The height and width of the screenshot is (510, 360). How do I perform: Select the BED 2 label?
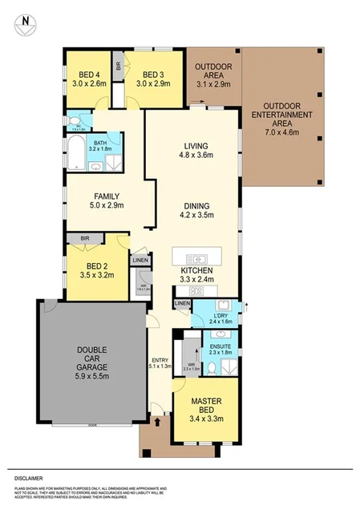click(97, 270)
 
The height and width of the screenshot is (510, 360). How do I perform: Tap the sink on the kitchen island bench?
click(195, 259)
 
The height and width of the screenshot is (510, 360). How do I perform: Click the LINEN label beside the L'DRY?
click(182, 303)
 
